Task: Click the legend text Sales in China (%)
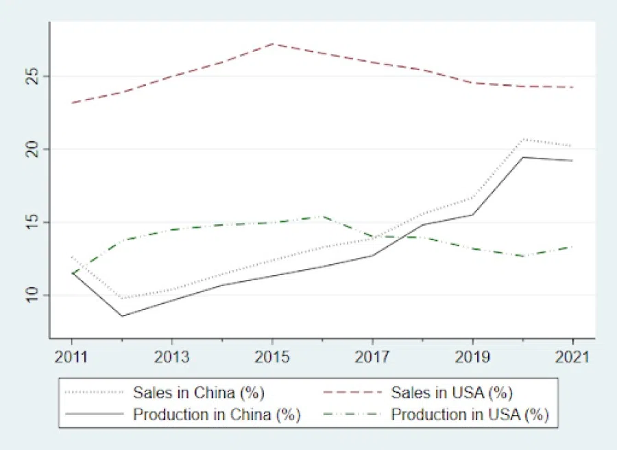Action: (x=199, y=393)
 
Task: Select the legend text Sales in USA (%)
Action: (x=452, y=393)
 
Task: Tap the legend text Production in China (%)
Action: (x=217, y=414)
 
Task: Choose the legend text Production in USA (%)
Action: (x=470, y=414)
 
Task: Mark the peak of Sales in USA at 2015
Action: (x=272, y=43)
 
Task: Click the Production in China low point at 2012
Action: (x=121, y=316)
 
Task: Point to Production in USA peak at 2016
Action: (x=322, y=216)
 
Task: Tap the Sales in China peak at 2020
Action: (x=523, y=139)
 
